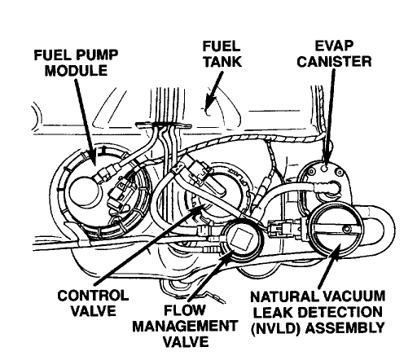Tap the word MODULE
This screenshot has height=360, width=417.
tap(77, 71)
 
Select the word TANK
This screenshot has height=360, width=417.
tap(222, 62)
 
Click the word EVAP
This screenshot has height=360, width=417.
tap(334, 46)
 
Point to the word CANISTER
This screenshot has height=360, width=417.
tap(334, 62)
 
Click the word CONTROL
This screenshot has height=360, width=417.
tap(93, 296)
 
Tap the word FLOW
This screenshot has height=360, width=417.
tap(185, 310)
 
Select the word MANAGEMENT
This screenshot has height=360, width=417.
tap(185, 327)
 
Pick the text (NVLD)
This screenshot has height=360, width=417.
tap(276, 327)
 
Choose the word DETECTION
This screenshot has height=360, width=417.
tap(340, 312)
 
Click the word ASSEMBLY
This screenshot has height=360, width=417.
tap(345, 327)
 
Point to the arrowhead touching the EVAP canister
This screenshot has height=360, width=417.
tap(326, 157)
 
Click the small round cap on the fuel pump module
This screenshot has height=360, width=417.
tap(84, 192)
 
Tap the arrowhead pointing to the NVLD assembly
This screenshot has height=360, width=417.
tap(336, 252)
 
